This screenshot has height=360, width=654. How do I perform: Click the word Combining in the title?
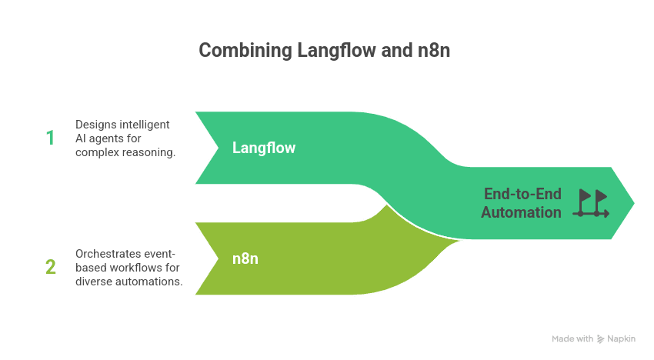coord(245,51)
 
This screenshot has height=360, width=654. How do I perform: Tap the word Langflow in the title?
coord(336,51)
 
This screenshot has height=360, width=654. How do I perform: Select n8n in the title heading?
coord(434,51)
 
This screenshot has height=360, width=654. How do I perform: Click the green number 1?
coord(50,138)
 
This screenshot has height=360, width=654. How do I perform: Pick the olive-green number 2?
coord(51,267)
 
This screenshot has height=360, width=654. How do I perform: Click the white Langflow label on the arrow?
coord(264,148)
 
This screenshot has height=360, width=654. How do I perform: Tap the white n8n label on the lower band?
coord(245,258)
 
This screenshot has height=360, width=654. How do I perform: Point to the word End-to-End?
coord(522,194)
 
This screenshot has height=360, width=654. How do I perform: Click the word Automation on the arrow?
coord(521,212)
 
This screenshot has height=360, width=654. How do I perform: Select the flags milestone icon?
coord(591,203)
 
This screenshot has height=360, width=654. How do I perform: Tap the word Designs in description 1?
coord(95,125)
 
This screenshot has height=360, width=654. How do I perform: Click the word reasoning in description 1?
coord(148,152)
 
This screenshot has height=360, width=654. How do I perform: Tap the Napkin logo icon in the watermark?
coord(600,339)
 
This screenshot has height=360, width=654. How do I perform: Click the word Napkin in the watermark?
coord(621,338)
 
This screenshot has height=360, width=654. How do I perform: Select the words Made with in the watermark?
coord(572,338)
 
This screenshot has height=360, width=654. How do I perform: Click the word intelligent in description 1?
coord(143,125)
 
